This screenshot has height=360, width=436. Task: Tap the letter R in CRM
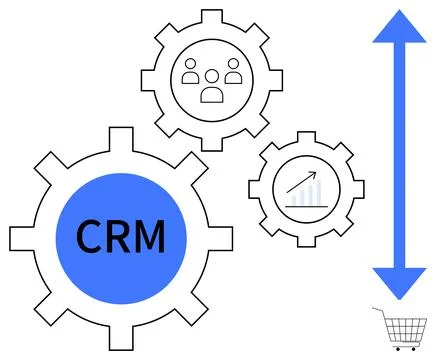click(x=120, y=238)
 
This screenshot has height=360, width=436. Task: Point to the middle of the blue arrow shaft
click(x=397, y=155)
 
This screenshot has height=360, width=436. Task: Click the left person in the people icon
click(x=190, y=71)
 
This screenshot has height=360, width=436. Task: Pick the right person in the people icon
click(x=232, y=71)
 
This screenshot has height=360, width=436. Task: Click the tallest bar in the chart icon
click(x=318, y=193)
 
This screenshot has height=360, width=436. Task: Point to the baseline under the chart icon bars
click(x=304, y=205)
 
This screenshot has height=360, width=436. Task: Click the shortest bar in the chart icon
click(x=292, y=200)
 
